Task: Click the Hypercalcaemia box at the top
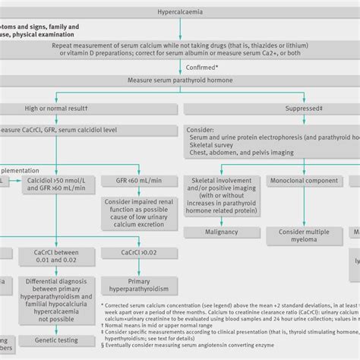[180, 12]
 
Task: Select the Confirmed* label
[180, 67]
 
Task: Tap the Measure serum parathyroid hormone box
[180, 80]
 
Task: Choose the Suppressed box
[270, 109]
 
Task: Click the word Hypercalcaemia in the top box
[180, 12]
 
